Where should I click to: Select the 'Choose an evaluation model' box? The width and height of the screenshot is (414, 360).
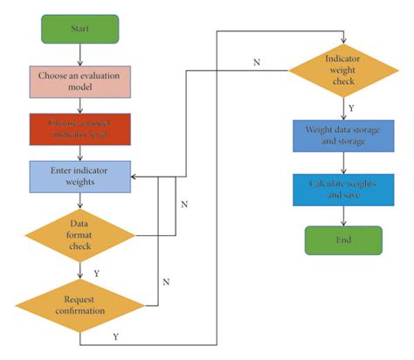(80, 83)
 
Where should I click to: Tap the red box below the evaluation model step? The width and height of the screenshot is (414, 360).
(80, 129)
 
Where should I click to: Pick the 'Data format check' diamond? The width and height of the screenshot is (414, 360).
(80, 234)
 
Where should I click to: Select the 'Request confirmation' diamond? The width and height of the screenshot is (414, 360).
(80, 303)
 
